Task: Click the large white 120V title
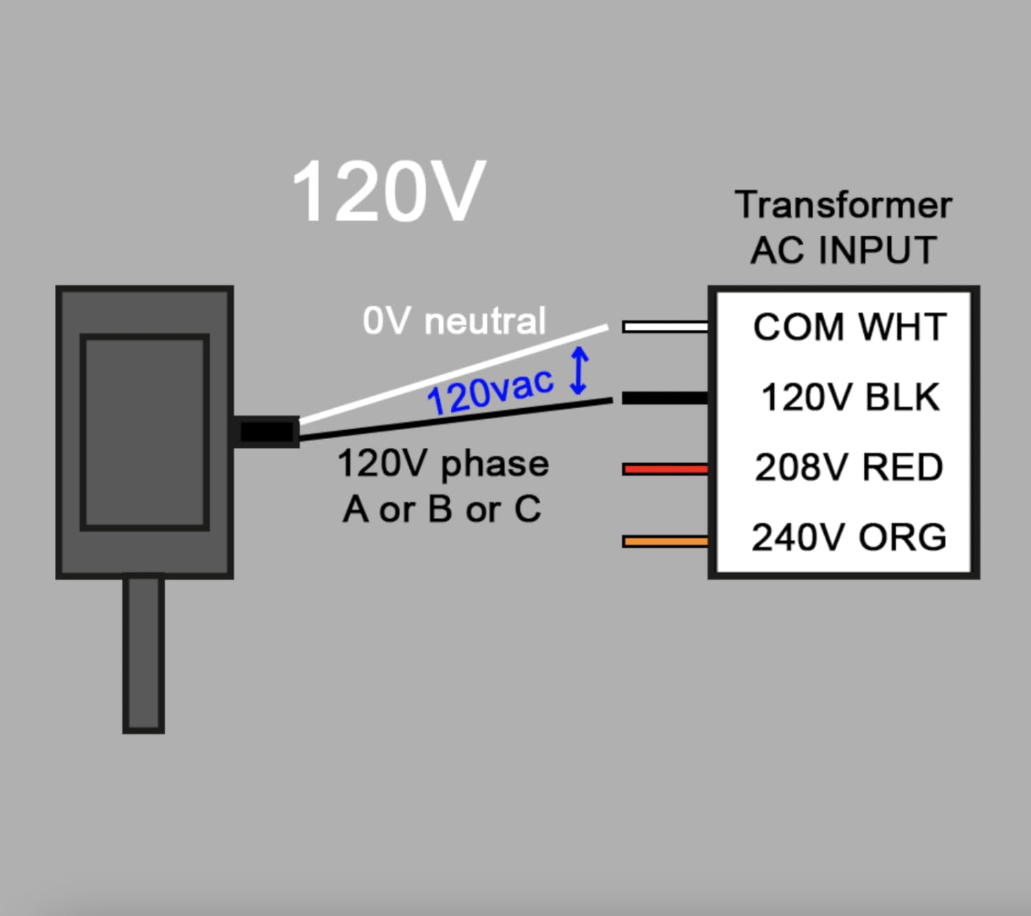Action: point(389,192)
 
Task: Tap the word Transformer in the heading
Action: point(843,205)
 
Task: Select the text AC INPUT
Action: point(843,249)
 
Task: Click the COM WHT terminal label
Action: point(850,327)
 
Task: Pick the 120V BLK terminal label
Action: point(850,398)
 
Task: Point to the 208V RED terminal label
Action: point(849,468)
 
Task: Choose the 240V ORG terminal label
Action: point(849,537)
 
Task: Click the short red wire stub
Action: point(665,469)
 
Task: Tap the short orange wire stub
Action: point(665,541)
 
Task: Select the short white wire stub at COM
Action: point(665,326)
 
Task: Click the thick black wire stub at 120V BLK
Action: point(665,398)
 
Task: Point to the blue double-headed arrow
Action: point(579,371)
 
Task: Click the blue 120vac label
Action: point(489,392)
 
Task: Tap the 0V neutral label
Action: point(454,321)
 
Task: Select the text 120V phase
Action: point(443,463)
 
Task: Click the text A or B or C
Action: point(442,509)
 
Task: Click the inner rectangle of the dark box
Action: point(144,432)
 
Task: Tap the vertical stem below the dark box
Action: point(144,653)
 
